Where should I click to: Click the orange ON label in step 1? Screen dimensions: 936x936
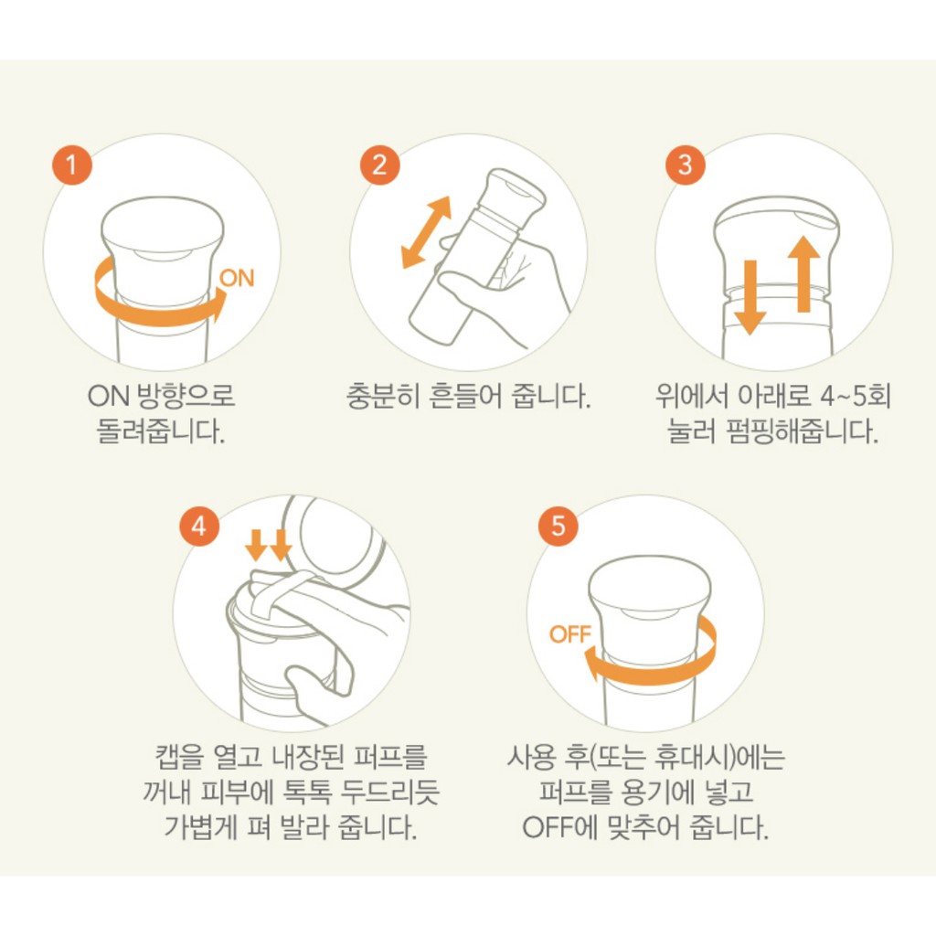coord(238,279)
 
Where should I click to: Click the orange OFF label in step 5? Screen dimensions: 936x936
coord(570,633)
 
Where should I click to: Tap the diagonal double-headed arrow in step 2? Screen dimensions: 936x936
coord(427,232)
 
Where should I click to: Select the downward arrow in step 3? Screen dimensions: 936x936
coord(750,296)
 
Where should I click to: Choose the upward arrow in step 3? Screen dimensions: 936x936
coord(804,272)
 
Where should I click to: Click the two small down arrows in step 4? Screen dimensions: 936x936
coord(269,547)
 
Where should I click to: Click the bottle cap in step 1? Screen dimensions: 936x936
coord(162,238)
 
